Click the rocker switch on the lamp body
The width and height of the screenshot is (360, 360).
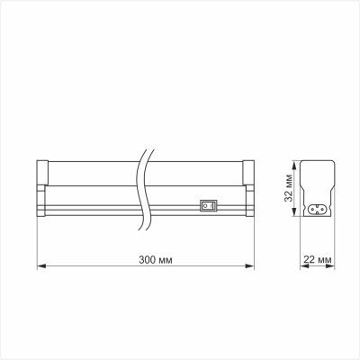208,204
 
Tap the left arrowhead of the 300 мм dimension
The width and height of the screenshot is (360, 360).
40,266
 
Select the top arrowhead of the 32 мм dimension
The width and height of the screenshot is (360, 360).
293,164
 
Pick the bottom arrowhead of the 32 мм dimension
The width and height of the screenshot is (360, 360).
293,219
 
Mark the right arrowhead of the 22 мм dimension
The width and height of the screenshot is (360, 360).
334,266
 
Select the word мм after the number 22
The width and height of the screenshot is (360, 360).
327,259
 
